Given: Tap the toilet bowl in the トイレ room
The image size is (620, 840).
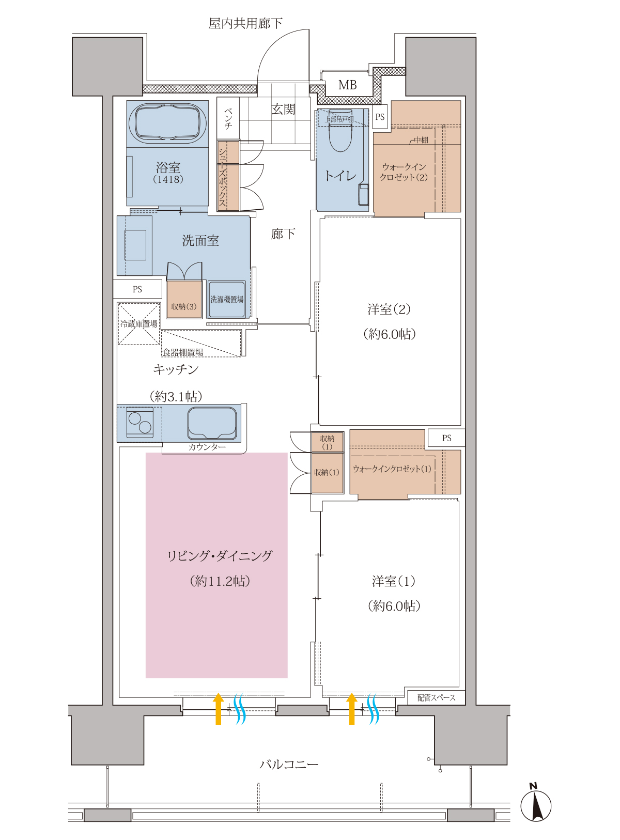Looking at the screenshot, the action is click(340, 131).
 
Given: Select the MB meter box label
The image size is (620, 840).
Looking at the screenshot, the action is click(347, 85).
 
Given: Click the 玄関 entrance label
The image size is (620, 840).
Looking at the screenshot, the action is click(283, 110).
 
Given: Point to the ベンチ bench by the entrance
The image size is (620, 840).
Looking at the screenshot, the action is click(228, 118).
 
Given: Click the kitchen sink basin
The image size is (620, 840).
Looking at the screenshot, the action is click(212, 423).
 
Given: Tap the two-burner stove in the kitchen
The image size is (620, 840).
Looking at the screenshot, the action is click(139, 423).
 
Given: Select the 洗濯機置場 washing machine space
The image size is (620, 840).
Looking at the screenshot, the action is click(226, 300).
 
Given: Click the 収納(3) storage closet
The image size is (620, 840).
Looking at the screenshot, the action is click(184, 300).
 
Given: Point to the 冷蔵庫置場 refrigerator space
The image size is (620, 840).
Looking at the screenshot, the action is click(138, 323).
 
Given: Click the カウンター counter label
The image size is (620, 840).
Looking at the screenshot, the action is click(207, 447).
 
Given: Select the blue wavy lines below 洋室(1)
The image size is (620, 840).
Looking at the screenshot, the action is click(374, 709).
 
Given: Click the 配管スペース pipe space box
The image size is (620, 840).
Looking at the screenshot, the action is click(436, 697).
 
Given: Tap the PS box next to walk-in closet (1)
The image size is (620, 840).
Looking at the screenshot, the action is click(446, 438).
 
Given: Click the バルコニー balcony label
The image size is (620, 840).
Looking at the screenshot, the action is click(289, 764).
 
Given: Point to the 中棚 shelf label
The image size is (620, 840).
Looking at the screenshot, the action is click(421, 140).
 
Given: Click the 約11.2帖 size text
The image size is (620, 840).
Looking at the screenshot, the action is click(220, 581).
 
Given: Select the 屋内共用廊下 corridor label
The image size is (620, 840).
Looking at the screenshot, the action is click(245, 23).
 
